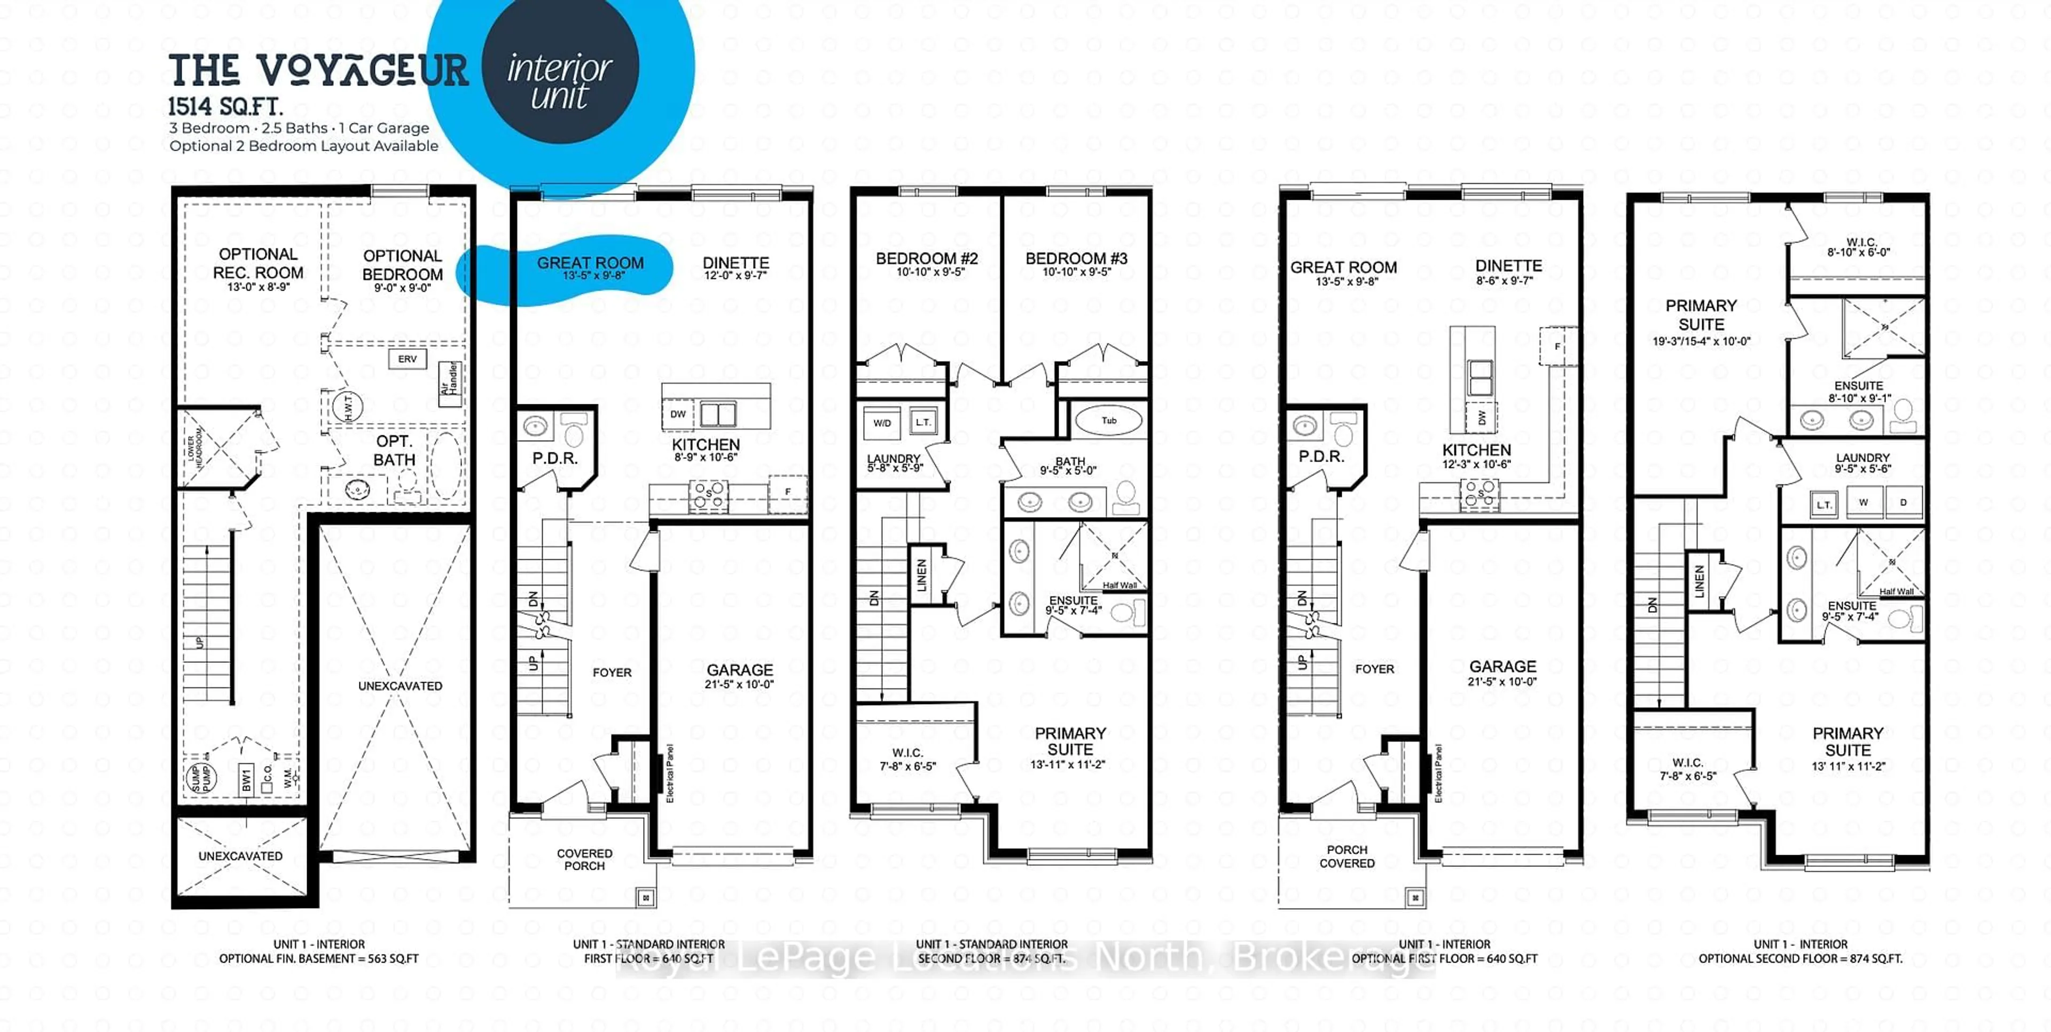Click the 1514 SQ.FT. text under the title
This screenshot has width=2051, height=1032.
pos(225,107)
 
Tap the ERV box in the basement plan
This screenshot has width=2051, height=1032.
pos(407,359)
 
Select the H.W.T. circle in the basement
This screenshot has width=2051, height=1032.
pos(348,407)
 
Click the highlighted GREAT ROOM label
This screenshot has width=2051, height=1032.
pos(590,263)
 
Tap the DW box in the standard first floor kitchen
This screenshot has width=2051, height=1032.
pos(678,414)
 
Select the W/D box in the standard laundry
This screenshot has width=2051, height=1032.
pos(882,423)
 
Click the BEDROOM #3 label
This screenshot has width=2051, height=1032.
pos(1076,259)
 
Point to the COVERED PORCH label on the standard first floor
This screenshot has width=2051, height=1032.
pos(584,859)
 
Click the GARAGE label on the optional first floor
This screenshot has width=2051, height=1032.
pos(1502,667)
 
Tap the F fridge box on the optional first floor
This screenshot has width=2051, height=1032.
pos(1557,346)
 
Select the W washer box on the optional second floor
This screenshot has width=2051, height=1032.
pos(1863,503)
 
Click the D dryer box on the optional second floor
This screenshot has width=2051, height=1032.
pos(1904,503)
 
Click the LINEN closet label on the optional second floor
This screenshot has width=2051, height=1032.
pos(1699,581)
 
